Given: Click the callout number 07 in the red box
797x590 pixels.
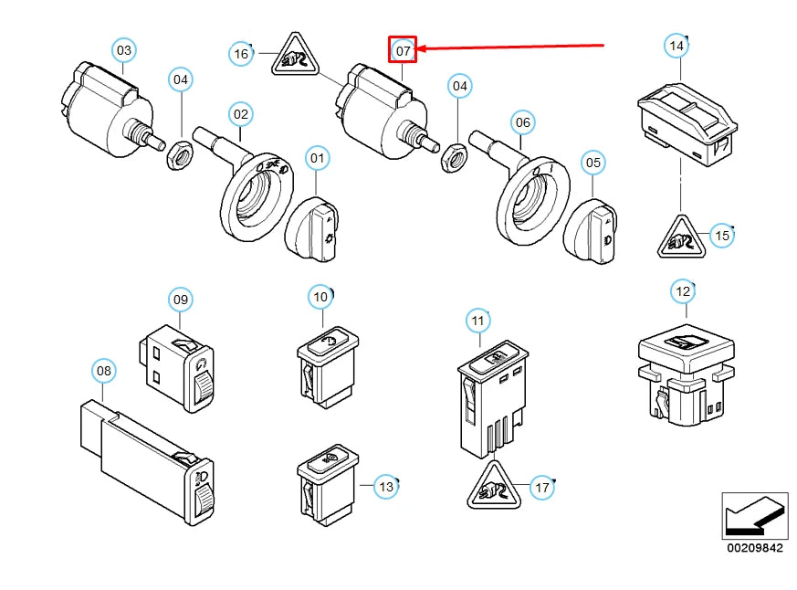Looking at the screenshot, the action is pos(403,50).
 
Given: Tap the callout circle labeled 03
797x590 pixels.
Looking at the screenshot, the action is pos(124,50).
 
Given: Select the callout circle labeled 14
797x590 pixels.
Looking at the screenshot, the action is pos(676,46).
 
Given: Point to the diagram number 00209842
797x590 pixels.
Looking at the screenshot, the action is pos(755,547).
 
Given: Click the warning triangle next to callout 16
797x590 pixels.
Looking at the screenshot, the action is pos(295,55).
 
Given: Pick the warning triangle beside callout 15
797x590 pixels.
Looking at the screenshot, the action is pos(681,237).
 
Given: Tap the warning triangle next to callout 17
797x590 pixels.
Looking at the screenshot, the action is pos(494,485).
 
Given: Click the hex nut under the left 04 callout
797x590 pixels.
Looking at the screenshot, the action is pos(180,154).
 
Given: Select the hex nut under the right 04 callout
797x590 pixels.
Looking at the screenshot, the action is pos(454,157).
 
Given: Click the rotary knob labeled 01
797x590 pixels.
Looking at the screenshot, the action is pos(311,230).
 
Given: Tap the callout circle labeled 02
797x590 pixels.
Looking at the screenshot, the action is pos(240,114).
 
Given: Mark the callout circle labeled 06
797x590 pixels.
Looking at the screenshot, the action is pos(522,122).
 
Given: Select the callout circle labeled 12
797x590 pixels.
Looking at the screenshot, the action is pos(683,291).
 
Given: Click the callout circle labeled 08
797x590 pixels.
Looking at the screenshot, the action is pos(104,370).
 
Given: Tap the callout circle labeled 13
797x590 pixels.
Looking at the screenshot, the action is pos(386,487).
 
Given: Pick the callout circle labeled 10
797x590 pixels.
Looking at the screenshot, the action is pos(320,297).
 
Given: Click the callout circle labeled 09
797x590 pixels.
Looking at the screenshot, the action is pos(181,299).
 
